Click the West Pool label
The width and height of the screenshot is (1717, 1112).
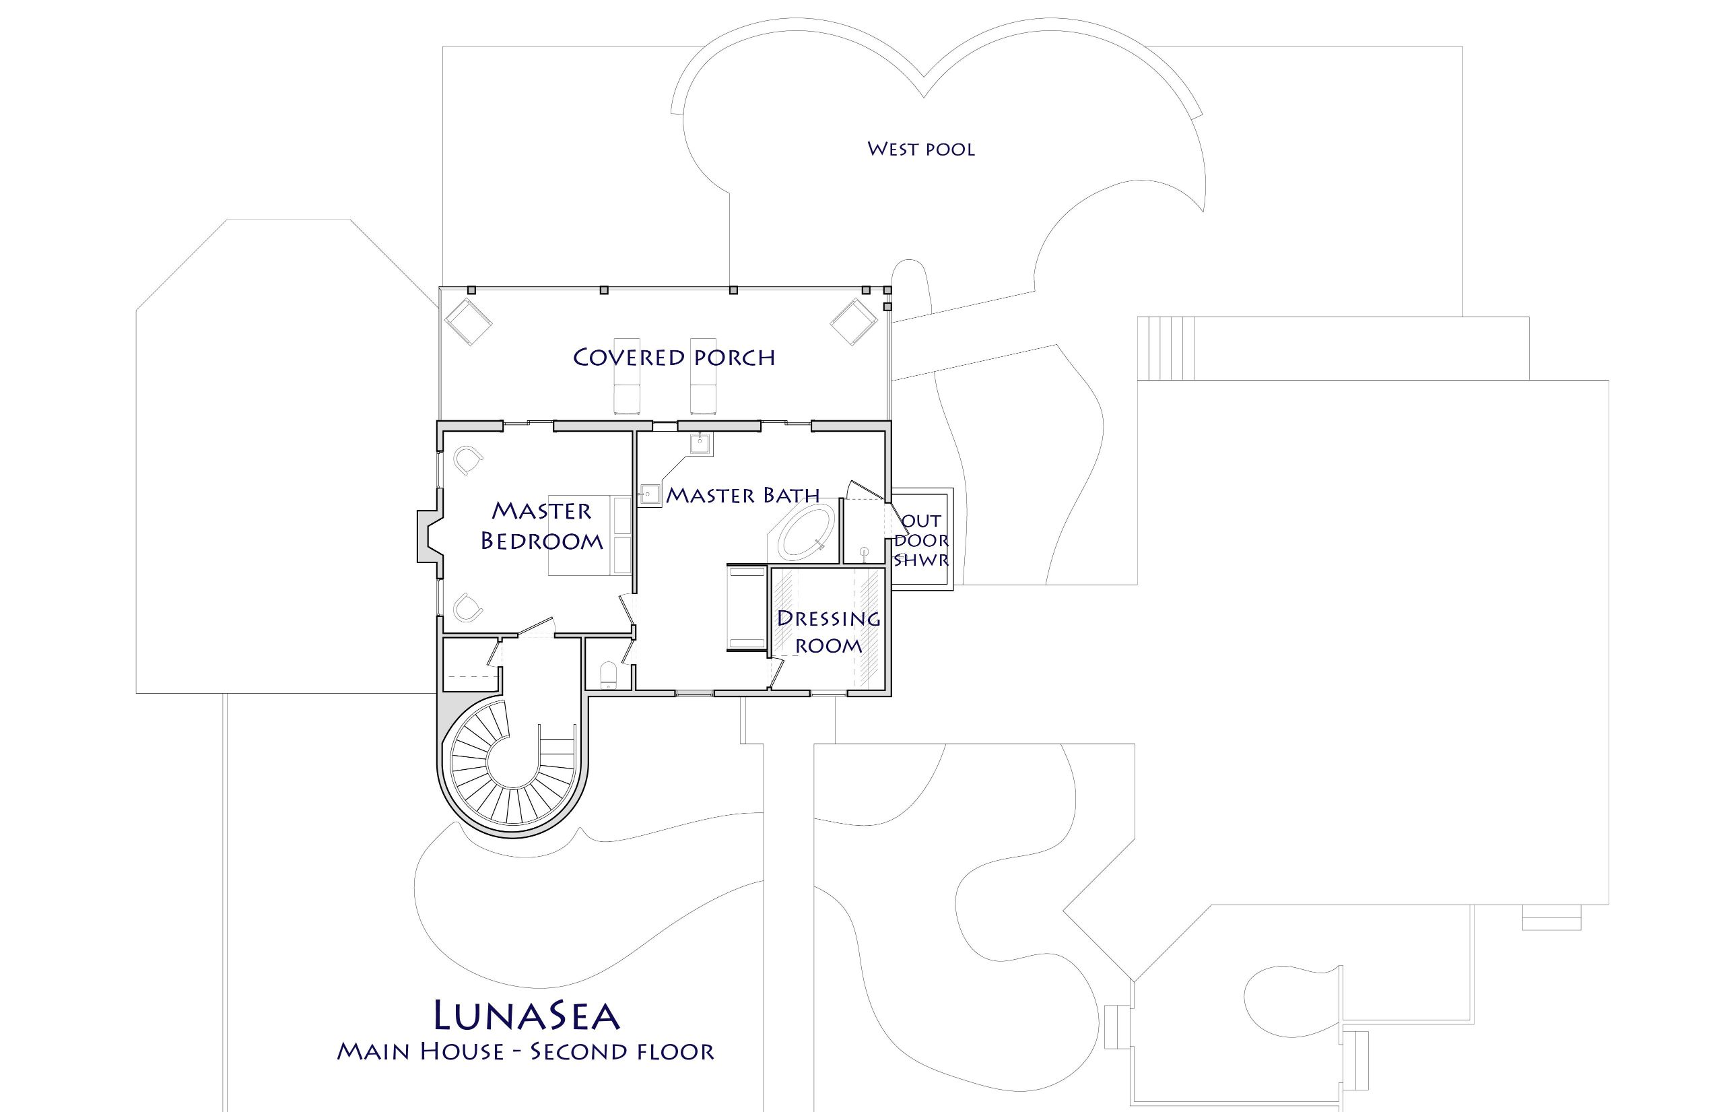920,150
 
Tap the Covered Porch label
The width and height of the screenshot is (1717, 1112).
674,357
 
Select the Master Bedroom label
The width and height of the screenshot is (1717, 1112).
542,526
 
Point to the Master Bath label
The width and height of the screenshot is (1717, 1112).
743,495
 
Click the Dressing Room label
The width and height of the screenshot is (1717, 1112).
829,631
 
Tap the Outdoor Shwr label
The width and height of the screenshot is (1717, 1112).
920,539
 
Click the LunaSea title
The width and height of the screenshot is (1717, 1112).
527,1014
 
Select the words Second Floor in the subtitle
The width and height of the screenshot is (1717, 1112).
622,1051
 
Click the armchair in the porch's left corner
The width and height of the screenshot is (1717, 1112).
467,322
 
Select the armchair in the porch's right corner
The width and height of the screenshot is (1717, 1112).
854,322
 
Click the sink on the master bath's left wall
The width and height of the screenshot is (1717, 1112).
650,495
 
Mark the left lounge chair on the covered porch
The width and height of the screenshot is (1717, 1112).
627,376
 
